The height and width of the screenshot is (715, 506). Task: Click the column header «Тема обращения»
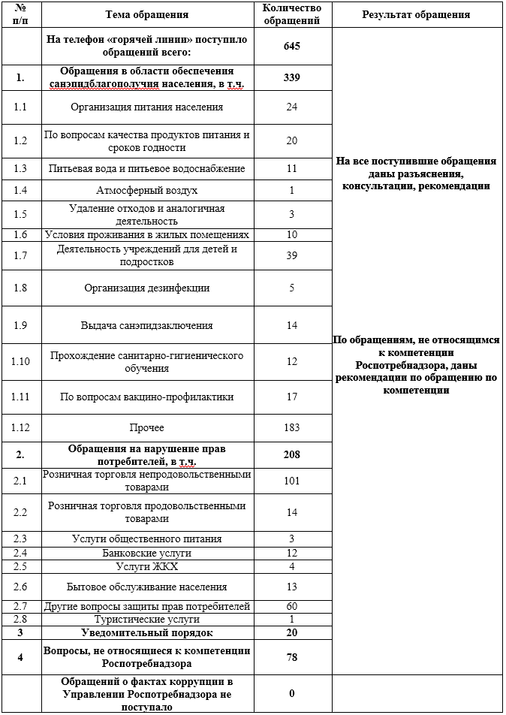(x=146, y=14)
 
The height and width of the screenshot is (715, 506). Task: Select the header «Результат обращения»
(x=416, y=14)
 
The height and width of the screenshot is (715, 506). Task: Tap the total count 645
(x=292, y=46)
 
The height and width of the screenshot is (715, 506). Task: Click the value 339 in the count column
(x=292, y=77)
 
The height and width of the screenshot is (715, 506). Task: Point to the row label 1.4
(x=20, y=191)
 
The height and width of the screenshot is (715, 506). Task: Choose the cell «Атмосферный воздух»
(x=146, y=191)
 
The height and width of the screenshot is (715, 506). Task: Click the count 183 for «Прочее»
(x=292, y=427)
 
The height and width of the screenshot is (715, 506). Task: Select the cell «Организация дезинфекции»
(x=146, y=288)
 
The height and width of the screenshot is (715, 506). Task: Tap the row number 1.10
(x=20, y=362)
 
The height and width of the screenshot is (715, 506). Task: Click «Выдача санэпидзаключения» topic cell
(x=146, y=325)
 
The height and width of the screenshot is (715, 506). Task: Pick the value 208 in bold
(x=292, y=454)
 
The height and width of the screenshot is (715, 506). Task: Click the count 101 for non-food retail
(x=292, y=480)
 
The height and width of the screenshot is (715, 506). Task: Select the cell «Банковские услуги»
(x=146, y=553)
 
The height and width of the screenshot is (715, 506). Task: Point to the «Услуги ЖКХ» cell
(x=146, y=566)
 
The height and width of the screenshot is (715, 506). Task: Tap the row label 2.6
(x=20, y=587)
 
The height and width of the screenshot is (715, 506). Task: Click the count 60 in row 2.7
(x=292, y=606)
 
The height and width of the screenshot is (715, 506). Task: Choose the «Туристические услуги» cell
(x=146, y=619)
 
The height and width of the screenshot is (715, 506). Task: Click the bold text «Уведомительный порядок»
(x=146, y=632)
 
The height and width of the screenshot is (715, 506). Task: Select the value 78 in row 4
(x=292, y=657)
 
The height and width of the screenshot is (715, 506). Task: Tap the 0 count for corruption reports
(x=292, y=693)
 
